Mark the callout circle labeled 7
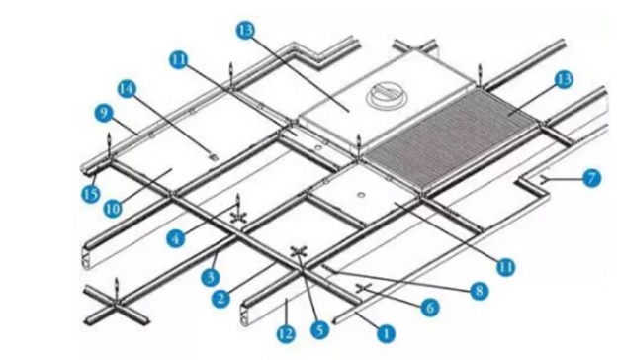591,178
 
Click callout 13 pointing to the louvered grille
565,78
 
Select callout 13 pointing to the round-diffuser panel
246,32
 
